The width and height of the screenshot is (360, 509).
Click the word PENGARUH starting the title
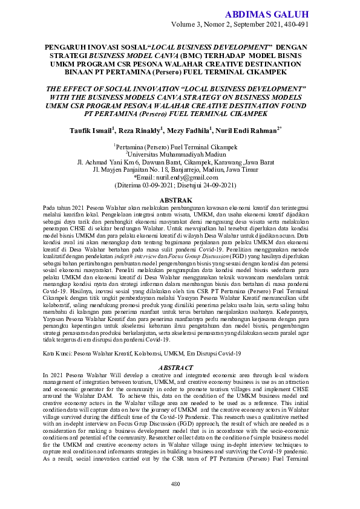point(66,47)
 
